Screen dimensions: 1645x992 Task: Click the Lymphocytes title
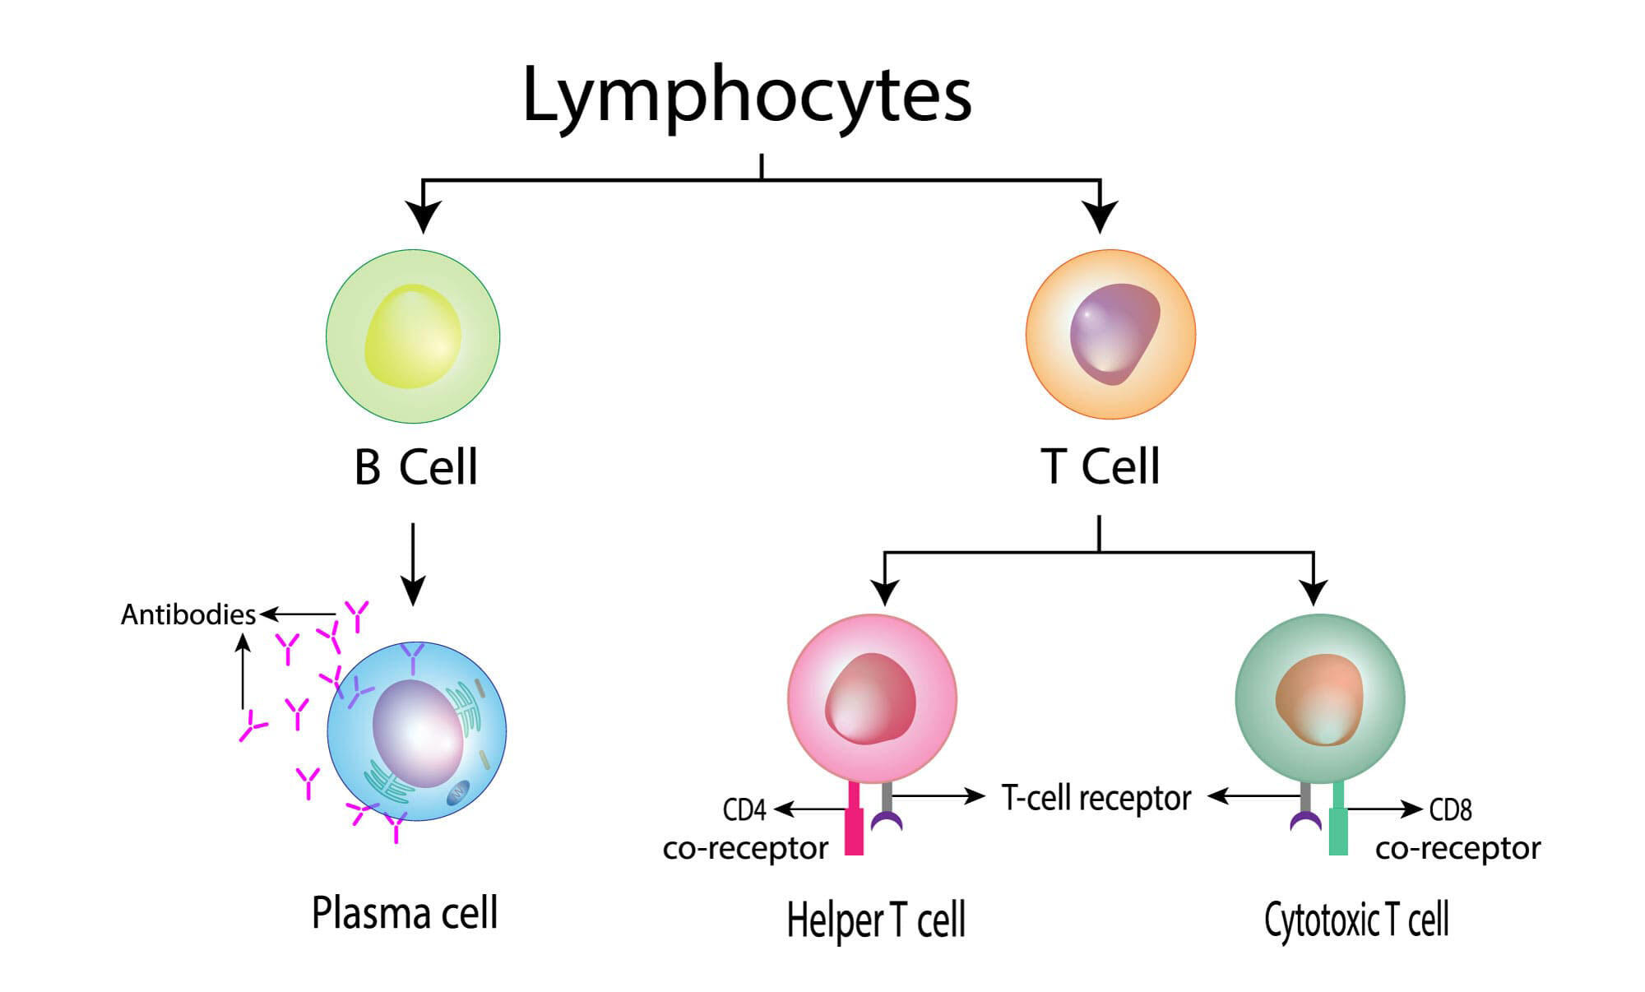747,97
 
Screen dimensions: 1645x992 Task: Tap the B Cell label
415,466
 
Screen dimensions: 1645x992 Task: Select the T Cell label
1101,466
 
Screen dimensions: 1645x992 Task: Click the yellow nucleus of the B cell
413,336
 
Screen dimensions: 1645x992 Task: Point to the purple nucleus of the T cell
1114,333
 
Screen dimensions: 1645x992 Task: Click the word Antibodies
188,614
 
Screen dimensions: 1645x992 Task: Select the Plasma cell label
405,914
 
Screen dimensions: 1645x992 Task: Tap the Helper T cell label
876,920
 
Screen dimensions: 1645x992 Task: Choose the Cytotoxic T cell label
1356,920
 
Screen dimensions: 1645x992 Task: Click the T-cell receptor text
1096,798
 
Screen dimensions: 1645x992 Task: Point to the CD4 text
744,810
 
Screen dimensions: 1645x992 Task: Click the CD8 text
1450,810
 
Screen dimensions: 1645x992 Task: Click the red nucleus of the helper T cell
871,699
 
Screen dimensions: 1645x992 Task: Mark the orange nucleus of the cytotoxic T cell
1319,700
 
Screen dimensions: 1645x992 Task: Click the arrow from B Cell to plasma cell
413,564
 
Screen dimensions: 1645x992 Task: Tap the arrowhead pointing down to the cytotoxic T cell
1314,592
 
